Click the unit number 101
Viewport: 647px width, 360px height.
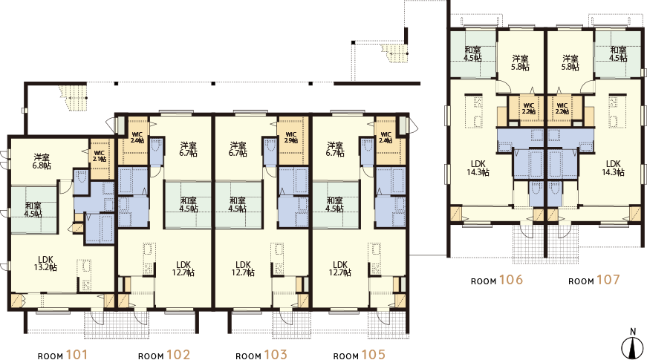tap(77, 354)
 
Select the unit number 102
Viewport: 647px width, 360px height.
tap(178, 354)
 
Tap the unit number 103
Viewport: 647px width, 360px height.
tap(275, 354)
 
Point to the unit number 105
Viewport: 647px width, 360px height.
tap(373, 354)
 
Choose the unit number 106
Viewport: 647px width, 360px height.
tap(511, 280)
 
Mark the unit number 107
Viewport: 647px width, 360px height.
tap(608, 280)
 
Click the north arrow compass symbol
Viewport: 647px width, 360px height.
tap(632, 343)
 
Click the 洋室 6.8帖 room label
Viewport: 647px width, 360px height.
tap(42, 161)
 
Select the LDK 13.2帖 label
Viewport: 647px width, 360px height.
tap(46, 264)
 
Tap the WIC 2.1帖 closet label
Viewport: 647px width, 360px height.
tap(99, 155)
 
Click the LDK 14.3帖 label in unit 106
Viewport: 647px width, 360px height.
tap(478, 168)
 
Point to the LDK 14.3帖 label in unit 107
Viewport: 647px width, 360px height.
tap(613, 168)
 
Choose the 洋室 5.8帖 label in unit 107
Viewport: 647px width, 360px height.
tap(570, 62)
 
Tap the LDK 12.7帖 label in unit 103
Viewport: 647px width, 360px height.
tap(242, 268)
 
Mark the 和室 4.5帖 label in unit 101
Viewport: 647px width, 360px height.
tap(33, 210)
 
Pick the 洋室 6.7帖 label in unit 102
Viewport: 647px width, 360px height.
tap(188, 150)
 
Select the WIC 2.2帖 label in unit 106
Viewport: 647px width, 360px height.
tap(529, 108)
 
